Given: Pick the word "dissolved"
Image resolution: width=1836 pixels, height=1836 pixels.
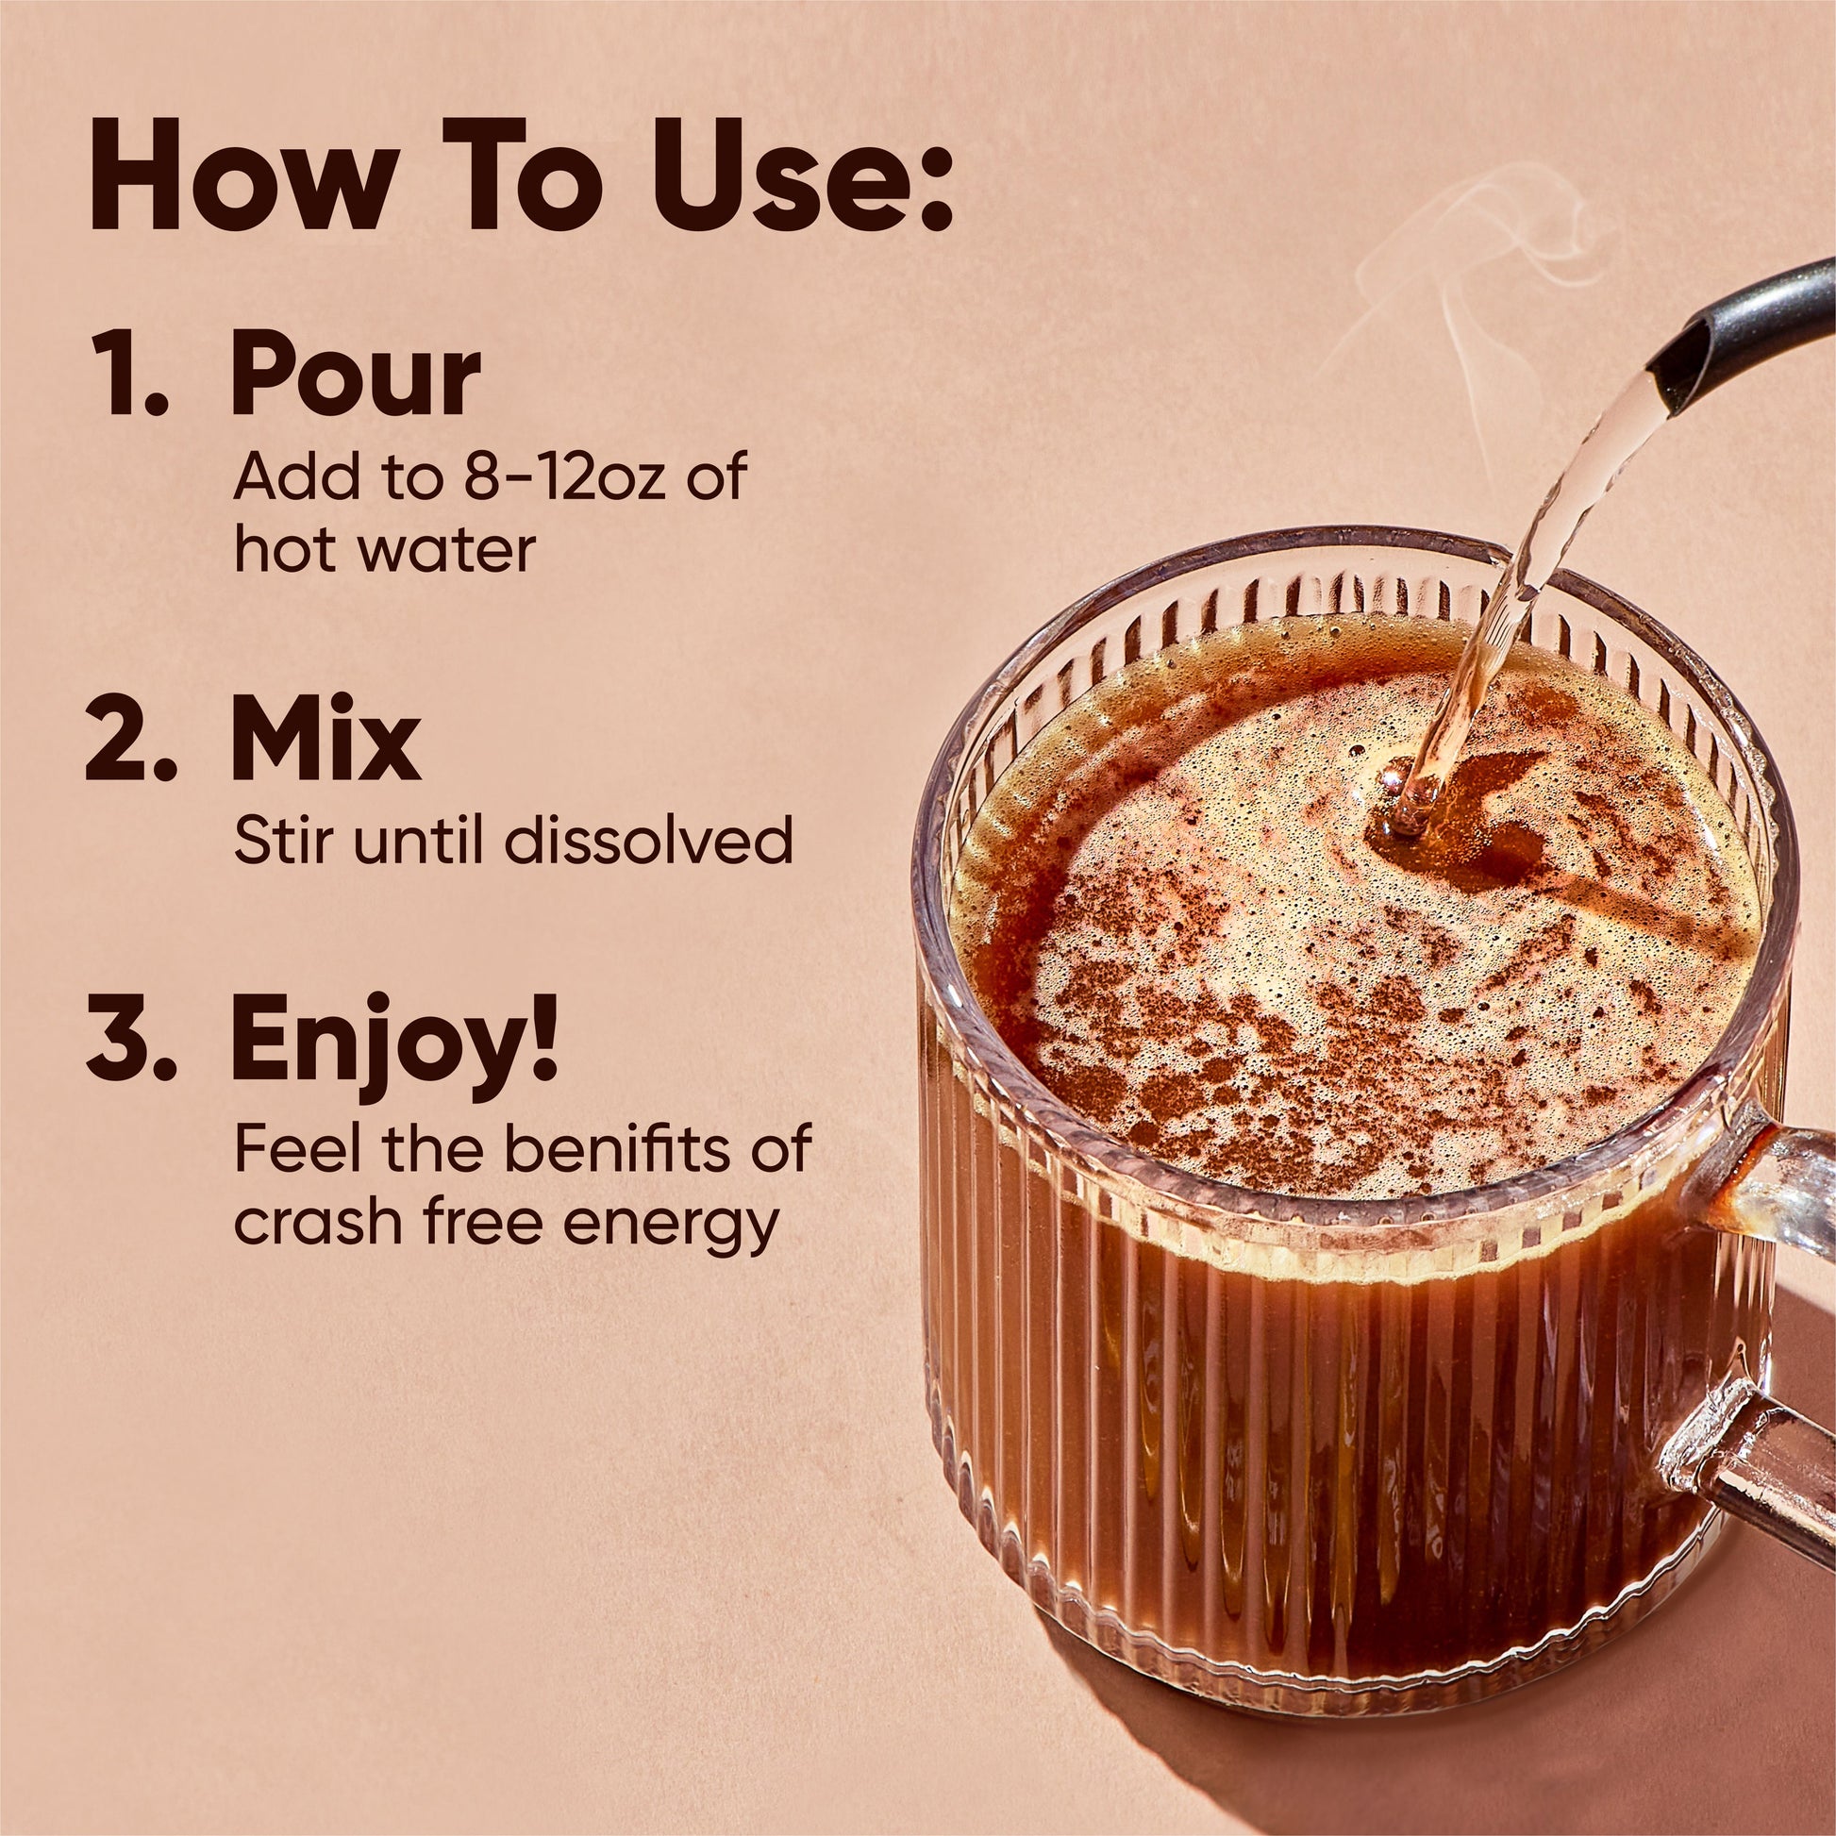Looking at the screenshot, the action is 646,840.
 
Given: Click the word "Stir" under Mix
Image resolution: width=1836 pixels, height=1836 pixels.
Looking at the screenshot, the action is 277,840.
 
